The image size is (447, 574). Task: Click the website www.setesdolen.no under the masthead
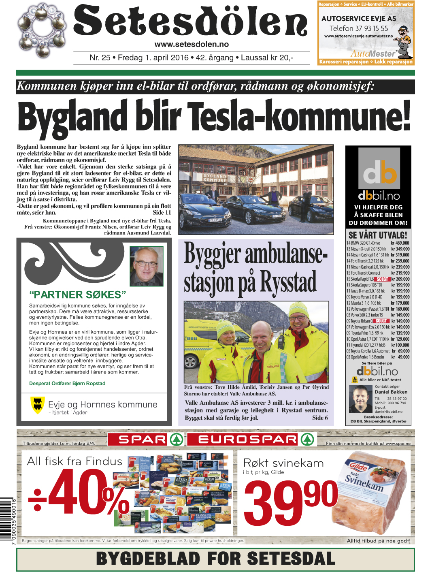[192, 44]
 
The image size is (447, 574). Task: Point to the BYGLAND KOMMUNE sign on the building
[215, 178]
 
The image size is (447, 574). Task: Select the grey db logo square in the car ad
[379, 169]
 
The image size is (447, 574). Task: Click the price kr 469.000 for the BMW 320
[400, 243]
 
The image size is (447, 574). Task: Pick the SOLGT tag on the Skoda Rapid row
[382, 279]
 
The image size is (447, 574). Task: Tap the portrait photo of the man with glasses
[146, 266]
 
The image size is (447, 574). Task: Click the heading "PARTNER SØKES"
[78, 294]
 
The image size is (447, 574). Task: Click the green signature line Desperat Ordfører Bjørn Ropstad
[67, 383]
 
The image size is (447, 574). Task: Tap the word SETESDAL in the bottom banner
[291, 559]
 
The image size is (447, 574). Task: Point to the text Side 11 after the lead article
[162, 213]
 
